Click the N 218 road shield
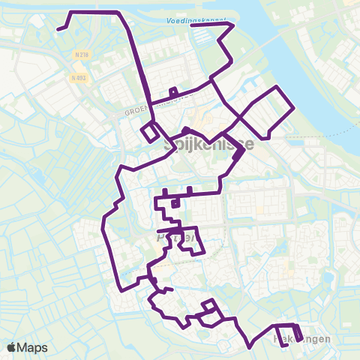(x=82, y=55)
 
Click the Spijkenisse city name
(x=208, y=146)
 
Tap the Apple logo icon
(x=13, y=347)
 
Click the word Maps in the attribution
(x=34, y=347)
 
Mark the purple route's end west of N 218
(x=58, y=30)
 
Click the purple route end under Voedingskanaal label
(x=193, y=25)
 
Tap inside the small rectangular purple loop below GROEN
(x=150, y=131)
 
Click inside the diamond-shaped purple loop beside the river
(x=266, y=112)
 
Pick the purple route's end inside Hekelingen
(x=283, y=345)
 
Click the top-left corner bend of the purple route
(x=72, y=13)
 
